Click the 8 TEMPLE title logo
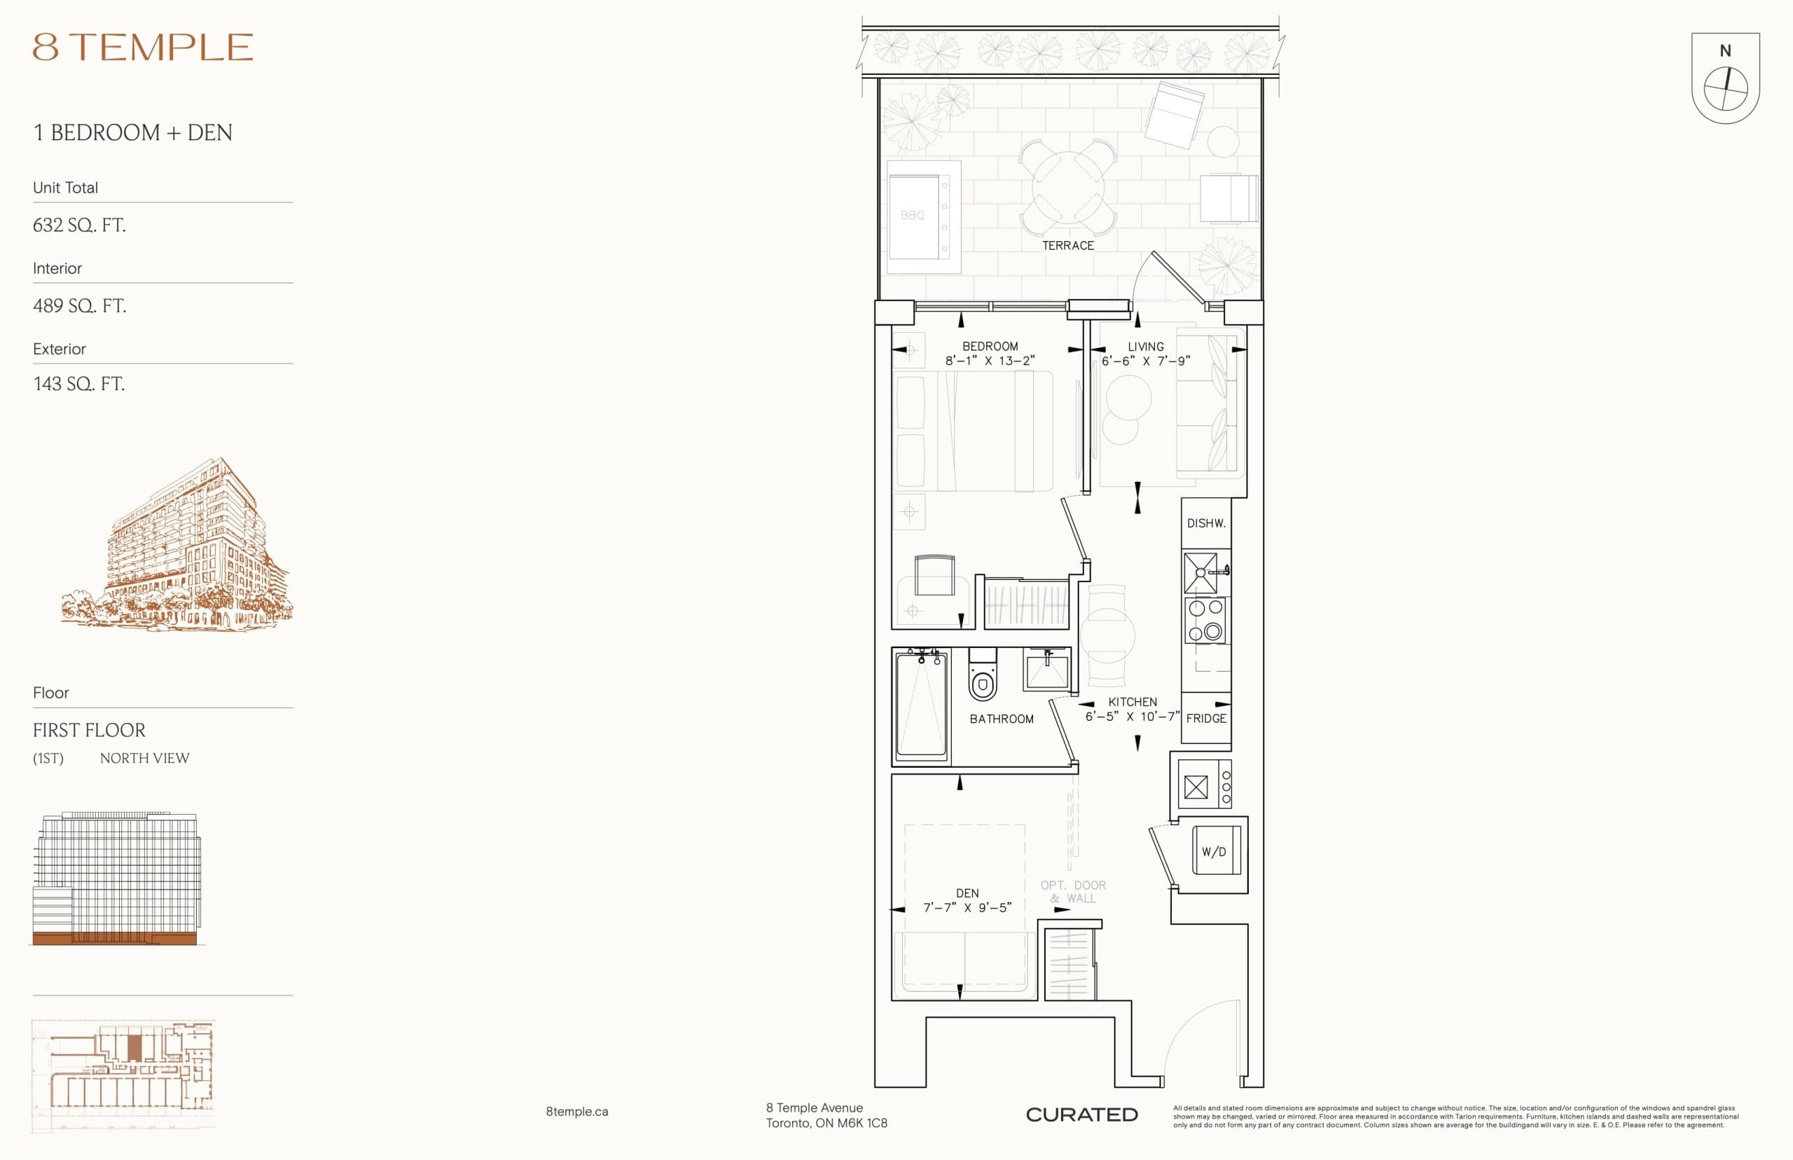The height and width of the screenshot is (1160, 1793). [142, 48]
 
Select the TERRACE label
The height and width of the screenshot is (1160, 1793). [1067, 246]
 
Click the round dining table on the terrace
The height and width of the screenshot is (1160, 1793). [1068, 187]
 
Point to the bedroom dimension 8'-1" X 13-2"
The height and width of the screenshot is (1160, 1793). [990, 361]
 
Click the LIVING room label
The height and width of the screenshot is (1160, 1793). [1144, 347]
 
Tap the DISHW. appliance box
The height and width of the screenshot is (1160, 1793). [1205, 523]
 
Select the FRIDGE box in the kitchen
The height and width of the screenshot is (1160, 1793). [1205, 718]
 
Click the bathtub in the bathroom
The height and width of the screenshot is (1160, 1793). [921, 707]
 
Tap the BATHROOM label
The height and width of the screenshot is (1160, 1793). [1001, 719]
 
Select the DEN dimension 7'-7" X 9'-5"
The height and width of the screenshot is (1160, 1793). [967, 908]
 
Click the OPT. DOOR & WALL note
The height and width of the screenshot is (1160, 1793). [1072, 891]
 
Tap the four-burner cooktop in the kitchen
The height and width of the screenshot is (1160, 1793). [1205, 620]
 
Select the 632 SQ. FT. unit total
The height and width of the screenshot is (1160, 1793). [79, 226]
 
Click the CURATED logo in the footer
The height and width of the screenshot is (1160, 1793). [1081, 1114]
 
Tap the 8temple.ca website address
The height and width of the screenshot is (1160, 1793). [577, 1111]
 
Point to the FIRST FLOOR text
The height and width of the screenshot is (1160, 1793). [89, 730]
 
